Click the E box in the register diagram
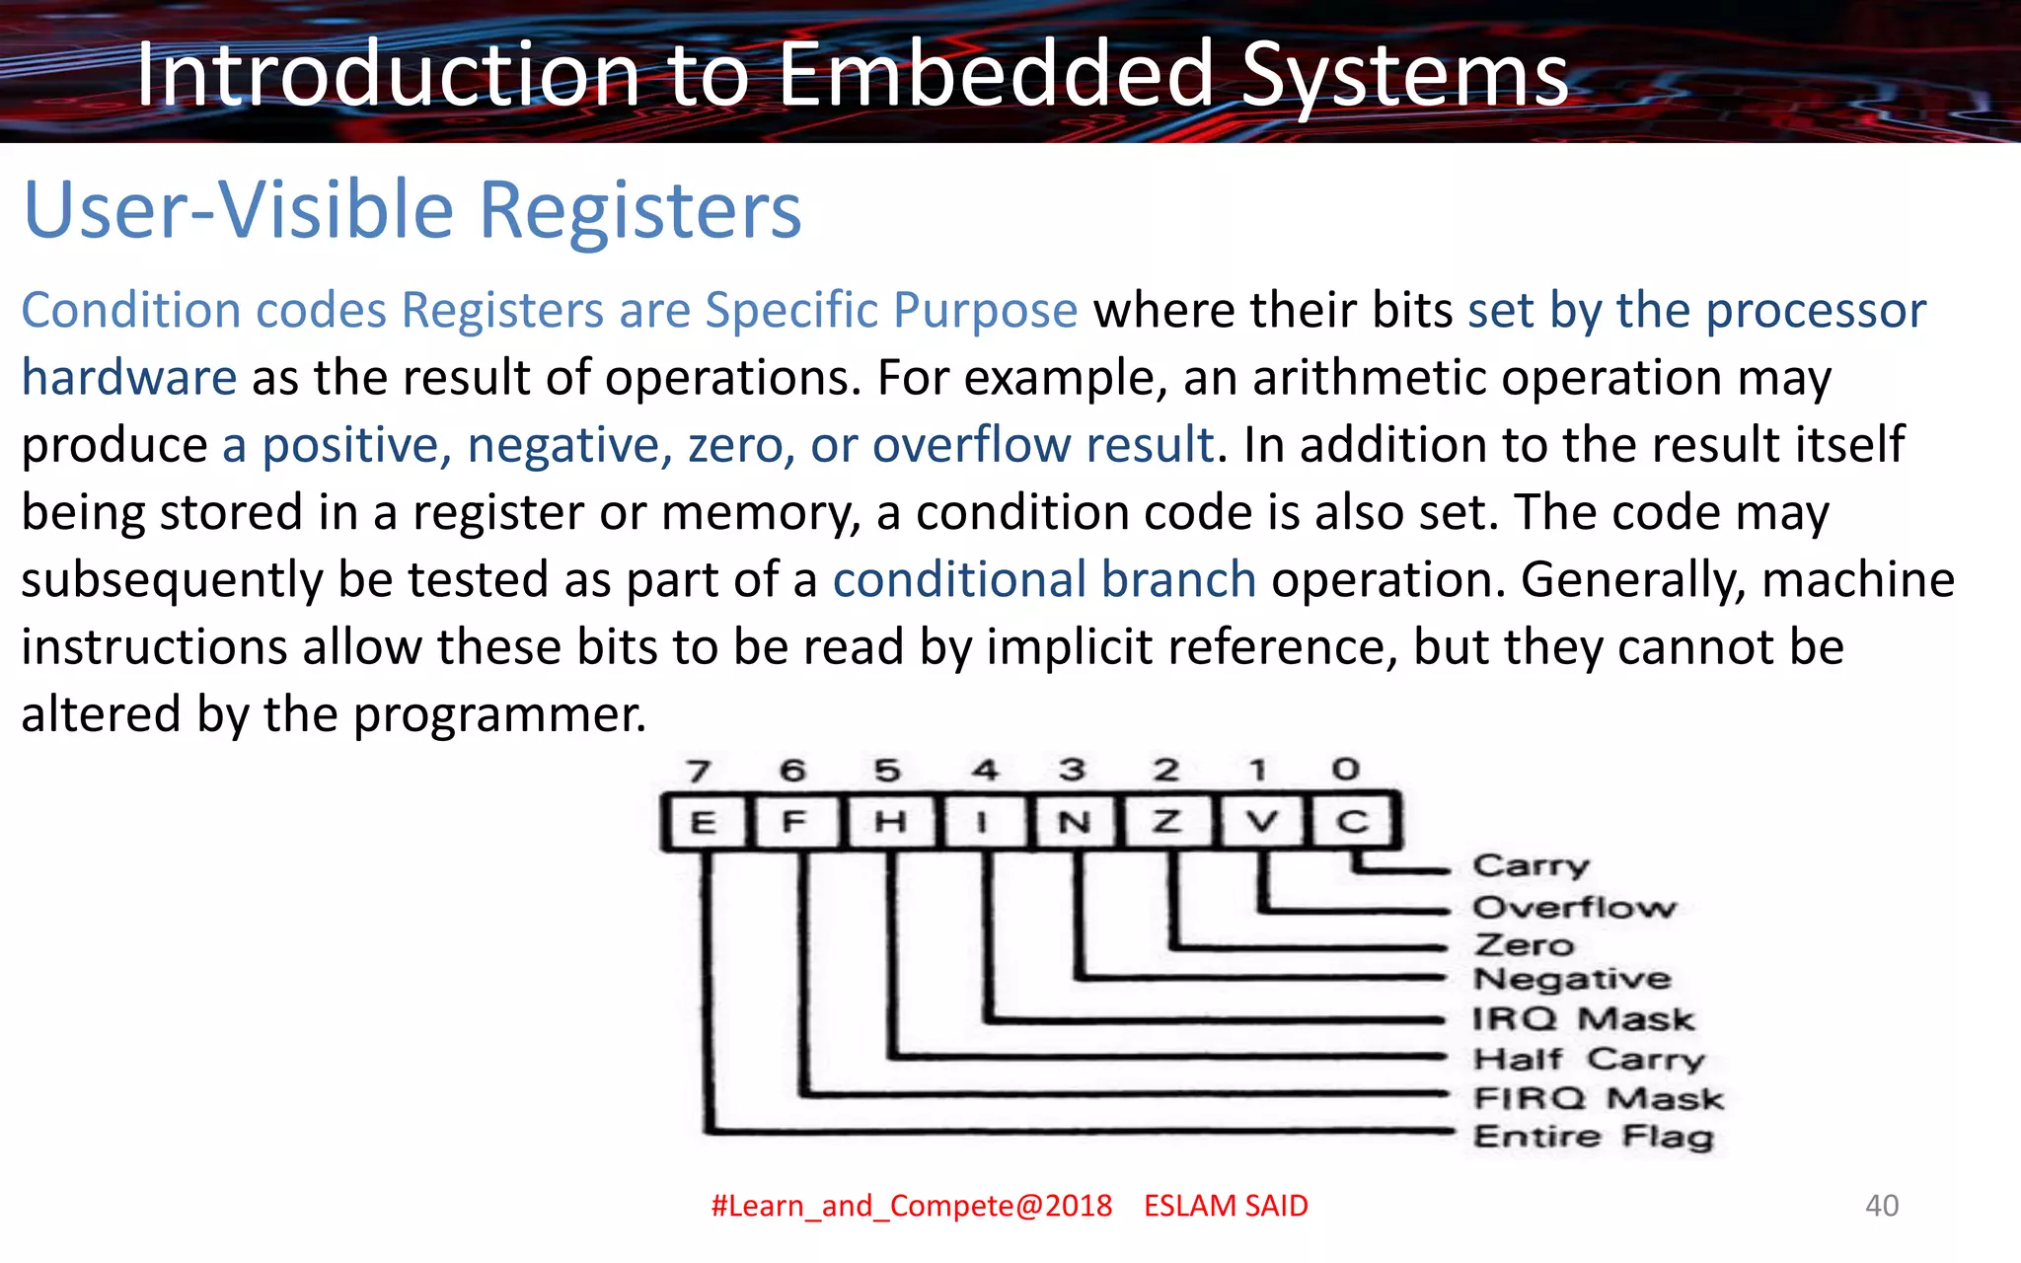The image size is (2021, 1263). pyautogui.click(x=703, y=822)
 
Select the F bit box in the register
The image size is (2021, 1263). pyautogui.click(x=794, y=822)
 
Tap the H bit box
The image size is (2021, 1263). pyautogui.click(x=889, y=822)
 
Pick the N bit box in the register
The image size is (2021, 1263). pyautogui.click(x=1074, y=822)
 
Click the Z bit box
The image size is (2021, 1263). pyautogui.click(x=1166, y=822)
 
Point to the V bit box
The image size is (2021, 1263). pyautogui.click(x=1261, y=822)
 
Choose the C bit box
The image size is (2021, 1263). pyautogui.click(x=1352, y=822)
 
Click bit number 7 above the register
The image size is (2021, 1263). pyautogui.click(x=699, y=771)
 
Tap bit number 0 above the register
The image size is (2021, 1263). pyautogui.click(x=1345, y=769)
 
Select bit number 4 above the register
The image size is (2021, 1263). pyautogui.click(x=984, y=770)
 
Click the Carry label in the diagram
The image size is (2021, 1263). pyautogui.click(x=1531, y=866)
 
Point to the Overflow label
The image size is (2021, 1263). pyautogui.click(x=1574, y=907)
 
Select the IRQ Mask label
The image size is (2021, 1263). pyautogui.click(x=1583, y=1018)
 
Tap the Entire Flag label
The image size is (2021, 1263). pyautogui.click(x=1593, y=1137)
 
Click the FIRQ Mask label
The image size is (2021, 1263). pyautogui.click(x=1598, y=1098)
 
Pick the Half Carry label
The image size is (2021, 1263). pyautogui.click(x=1588, y=1059)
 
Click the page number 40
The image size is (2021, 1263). pyautogui.click(x=1881, y=1205)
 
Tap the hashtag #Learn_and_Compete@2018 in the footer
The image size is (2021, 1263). pyautogui.click(x=911, y=1206)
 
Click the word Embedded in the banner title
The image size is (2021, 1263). pyautogui.click(x=995, y=75)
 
